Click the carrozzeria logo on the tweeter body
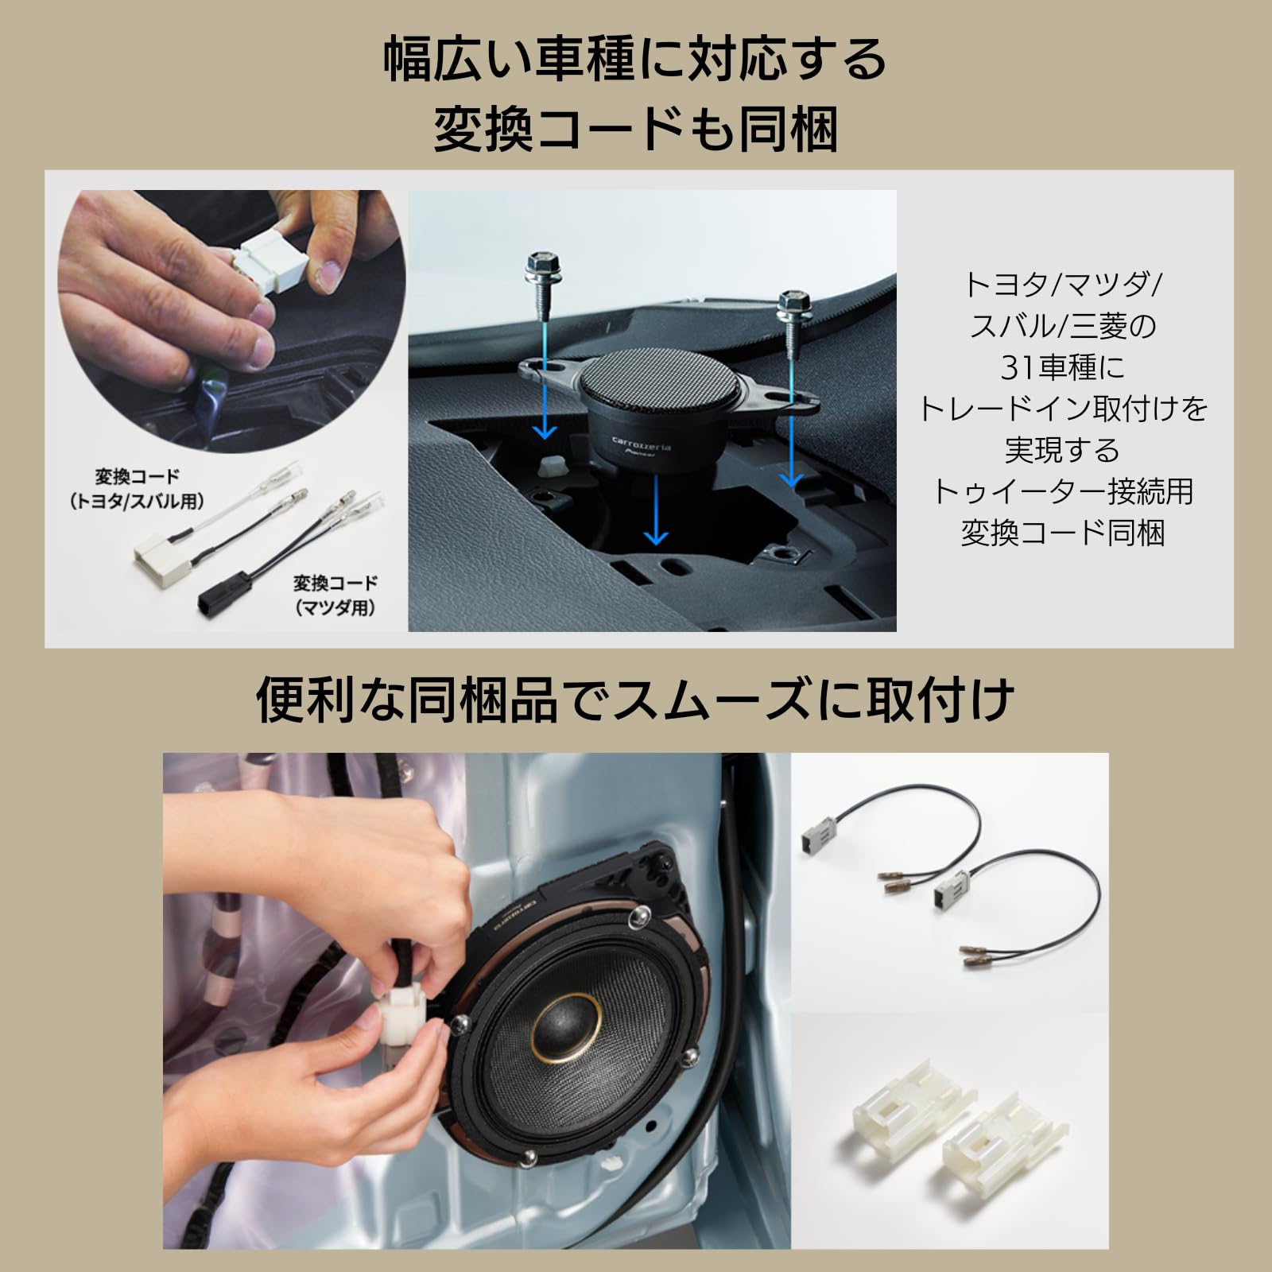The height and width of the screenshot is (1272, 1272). point(641,442)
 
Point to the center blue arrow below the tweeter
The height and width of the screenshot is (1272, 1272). point(655,509)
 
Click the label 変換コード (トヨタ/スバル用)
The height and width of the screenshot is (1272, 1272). point(137,488)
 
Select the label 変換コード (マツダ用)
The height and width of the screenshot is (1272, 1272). point(335,595)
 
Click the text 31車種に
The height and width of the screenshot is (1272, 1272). point(1062,367)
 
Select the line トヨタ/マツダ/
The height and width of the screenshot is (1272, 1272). point(1062,285)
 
